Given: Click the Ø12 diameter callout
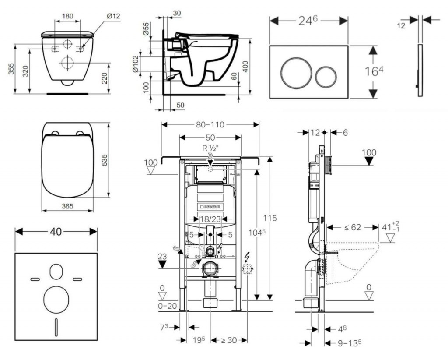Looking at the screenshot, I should click(113, 16).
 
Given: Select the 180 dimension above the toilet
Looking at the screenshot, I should click(67, 16).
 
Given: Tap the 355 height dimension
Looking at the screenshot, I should click(10, 68).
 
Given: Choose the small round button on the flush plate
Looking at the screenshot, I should click(326, 76).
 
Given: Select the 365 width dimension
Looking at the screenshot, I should click(67, 206).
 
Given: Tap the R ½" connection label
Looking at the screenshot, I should click(210, 148).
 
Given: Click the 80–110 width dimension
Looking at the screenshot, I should click(210, 125).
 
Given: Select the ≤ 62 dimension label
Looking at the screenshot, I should click(353, 227).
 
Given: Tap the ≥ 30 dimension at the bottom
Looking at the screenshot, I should click(227, 340).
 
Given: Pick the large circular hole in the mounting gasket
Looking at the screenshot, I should click(56, 299).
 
